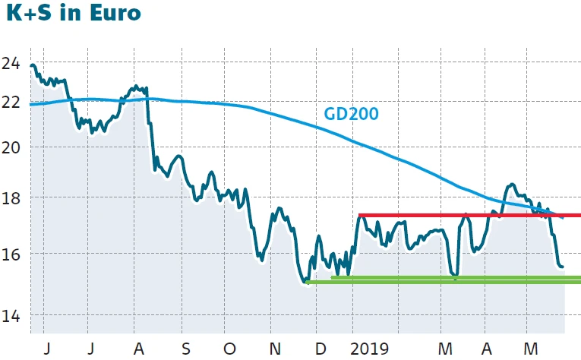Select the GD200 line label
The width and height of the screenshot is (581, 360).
[x=351, y=114]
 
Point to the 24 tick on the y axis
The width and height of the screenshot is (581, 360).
[x=11, y=64]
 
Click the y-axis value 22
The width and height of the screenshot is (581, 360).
[x=11, y=103]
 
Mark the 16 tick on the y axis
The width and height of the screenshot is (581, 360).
[x=11, y=254]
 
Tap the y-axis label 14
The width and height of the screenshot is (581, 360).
[x=11, y=316]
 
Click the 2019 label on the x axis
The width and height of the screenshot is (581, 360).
[x=371, y=349]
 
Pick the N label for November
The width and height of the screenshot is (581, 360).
[x=276, y=349]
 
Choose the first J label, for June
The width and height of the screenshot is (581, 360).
[x=47, y=349]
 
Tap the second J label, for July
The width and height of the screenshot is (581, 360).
[x=92, y=349]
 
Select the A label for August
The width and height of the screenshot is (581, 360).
[x=138, y=349]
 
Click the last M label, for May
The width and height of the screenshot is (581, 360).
[x=533, y=349]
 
